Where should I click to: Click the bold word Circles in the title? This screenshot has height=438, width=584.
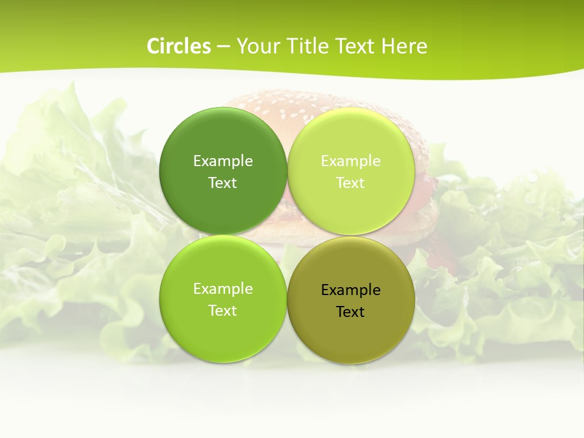[178, 46]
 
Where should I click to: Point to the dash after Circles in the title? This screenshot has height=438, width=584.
[223, 47]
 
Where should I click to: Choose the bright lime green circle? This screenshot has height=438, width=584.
[223, 328]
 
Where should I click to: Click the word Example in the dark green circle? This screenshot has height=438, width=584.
[223, 161]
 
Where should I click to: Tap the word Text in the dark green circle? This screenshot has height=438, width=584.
[223, 182]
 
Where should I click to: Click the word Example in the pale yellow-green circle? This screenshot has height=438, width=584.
[350, 161]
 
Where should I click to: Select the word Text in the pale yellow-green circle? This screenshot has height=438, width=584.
[350, 182]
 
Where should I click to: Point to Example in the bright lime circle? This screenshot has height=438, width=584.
[223, 288]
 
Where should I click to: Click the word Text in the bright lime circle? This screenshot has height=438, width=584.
[223, 310]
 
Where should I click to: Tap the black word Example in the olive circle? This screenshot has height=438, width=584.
[350, 290]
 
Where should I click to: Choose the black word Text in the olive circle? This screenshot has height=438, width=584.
[350, 311]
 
